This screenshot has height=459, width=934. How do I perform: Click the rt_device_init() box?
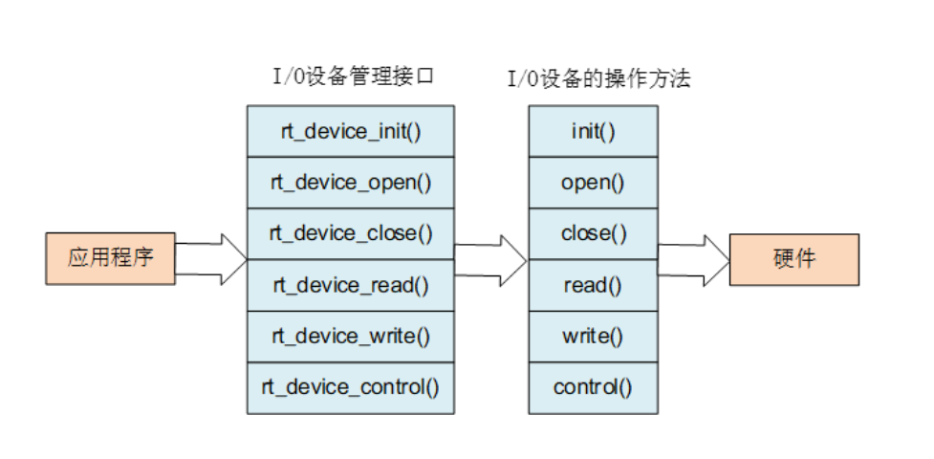351,131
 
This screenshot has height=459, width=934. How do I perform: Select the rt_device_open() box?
351,183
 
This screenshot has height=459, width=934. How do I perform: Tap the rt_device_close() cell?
351,233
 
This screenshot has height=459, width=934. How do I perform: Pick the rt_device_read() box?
351,285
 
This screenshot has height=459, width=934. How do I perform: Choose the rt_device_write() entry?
351,337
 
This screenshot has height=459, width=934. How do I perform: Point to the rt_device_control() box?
351,388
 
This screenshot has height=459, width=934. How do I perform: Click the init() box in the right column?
593,131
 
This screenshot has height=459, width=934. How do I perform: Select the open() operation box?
593,183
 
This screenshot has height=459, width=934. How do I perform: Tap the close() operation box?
593,233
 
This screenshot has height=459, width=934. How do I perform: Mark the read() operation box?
593,285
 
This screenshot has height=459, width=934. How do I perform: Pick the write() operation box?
593,337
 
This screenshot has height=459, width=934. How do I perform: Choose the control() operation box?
593,388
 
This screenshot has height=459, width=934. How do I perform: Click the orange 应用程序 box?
110,258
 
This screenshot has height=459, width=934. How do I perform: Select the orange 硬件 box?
794,258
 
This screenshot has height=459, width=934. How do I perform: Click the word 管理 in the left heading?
372,77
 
